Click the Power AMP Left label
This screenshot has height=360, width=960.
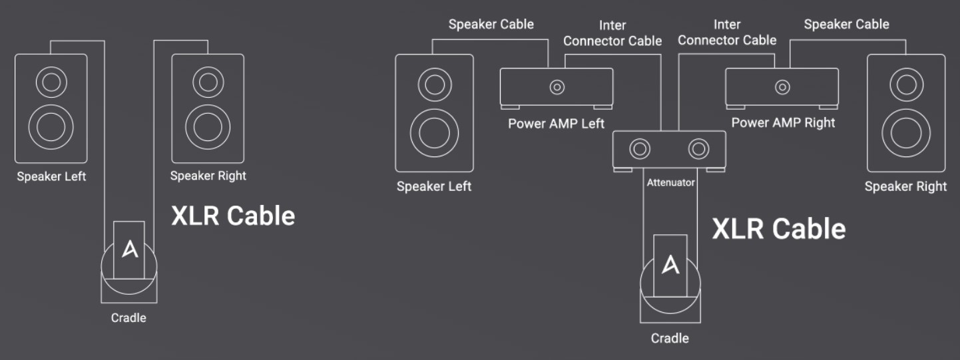click(556, 124)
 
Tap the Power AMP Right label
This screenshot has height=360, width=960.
click(783, 122)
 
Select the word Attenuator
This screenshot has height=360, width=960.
click(670, 182)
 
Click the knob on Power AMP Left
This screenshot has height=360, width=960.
click(557, 87)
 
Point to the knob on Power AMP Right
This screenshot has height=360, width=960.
click(782, 87)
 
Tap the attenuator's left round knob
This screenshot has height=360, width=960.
click(640, 148)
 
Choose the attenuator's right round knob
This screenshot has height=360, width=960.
click(698, 148)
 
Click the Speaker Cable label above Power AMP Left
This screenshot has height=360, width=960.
click(491, 25)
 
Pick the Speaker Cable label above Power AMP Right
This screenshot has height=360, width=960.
click(846, 25)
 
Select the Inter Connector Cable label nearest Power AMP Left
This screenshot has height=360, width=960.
click(612, 33)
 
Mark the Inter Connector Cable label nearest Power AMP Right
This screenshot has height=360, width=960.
click(727, 33)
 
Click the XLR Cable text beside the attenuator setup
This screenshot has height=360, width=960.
click(779, 229)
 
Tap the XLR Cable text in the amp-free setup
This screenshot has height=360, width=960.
click(233, 216)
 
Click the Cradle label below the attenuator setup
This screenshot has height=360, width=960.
click(670, 338)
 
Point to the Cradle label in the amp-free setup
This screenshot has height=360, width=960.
click(128, 317)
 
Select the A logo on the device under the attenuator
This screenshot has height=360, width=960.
click(670, 265)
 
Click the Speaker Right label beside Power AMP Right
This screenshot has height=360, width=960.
click(905, 186)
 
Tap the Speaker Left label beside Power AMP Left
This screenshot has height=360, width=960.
click(434, 186)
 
